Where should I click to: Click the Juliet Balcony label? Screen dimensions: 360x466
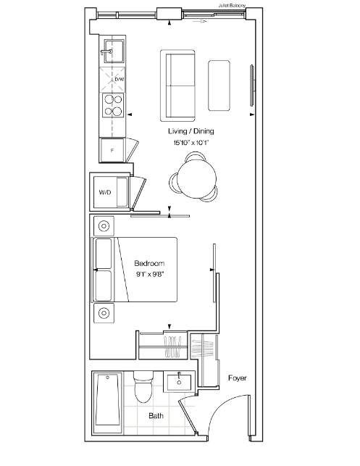pyautogui.click(x=232, y=5)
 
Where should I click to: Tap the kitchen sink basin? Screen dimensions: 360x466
pyautogui.click(x=114, y=51)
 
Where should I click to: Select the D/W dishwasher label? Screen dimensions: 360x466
pyautogui.click(x=119, y=79)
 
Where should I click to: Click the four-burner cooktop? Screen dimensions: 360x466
pyautogui.click(x=113, y=105)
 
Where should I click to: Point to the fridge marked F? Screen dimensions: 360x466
pyautogui.click(x=112, y=150)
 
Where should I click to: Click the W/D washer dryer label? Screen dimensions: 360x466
pyautogui.click(x=105, y=192)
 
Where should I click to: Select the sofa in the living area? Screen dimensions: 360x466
pyautogui.click(x=177, y=86)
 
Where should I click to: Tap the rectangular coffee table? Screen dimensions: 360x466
pyautogui.click(x=219, y=86)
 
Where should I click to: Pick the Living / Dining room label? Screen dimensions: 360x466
pyautogui.click(x=191, y=131)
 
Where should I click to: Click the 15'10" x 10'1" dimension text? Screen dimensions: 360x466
pyautogui.click(x=191, y=143)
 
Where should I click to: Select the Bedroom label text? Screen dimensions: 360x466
pyautogui.click(x=149, y=263)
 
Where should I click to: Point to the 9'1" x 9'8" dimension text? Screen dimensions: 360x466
pyautogui.click(x=150, y=274)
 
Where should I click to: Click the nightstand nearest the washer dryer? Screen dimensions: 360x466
pyautogui.click(x=104, y=226)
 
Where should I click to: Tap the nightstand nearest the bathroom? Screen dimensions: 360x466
pyautogui.click(x=104, y=313)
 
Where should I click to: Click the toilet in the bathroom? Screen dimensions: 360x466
pyautogui.click(x=143, y=387)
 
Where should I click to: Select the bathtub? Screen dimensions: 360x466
pyautogui.click(x=107, y=402)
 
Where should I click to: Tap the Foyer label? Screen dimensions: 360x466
pyautogui.click(x=238, y=378)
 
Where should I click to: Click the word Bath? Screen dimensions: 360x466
pyautogui.click(x=156, y=416)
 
